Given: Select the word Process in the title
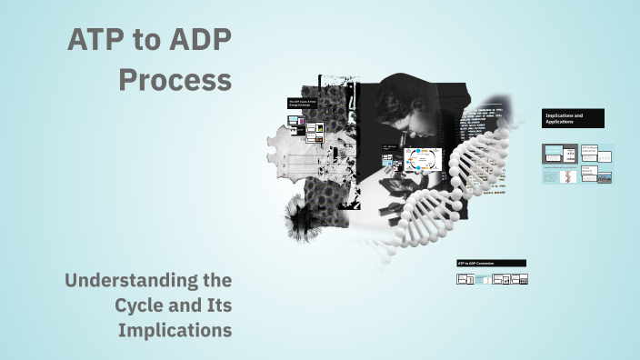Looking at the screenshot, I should (175, 80).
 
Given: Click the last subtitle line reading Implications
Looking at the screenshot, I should (175, 330).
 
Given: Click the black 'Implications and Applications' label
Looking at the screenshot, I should (573, 119).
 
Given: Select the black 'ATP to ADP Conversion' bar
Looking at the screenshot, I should (491, 263).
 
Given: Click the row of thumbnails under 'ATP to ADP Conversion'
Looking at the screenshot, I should (492, 279).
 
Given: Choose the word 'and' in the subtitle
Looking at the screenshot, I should (186, 305).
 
